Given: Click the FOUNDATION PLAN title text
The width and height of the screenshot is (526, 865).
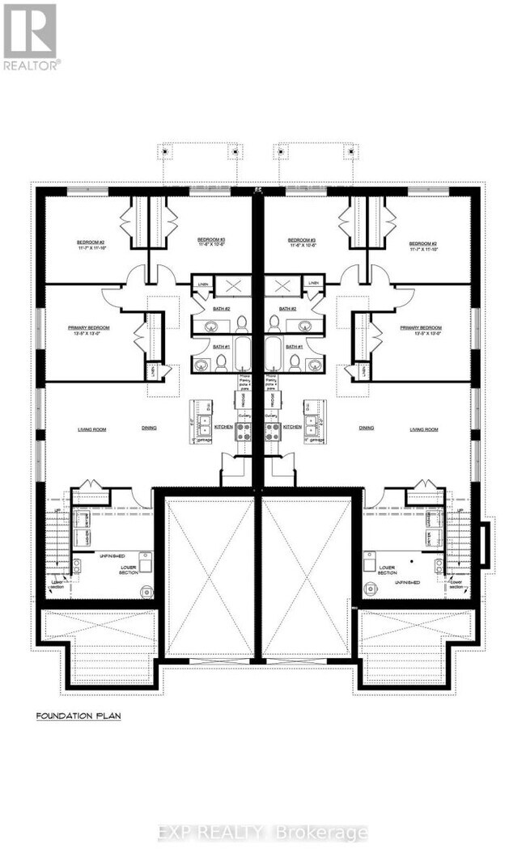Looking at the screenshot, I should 78,716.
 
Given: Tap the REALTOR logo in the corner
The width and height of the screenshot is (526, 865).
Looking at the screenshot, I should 30,36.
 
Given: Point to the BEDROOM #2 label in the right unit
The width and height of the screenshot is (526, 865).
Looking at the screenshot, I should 422,243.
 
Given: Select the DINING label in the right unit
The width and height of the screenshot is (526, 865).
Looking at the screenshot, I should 367,428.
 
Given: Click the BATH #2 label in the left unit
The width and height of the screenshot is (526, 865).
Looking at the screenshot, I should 222,310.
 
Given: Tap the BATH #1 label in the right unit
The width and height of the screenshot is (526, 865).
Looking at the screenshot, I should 293,346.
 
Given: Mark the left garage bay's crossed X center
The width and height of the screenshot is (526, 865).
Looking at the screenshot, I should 210,576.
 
